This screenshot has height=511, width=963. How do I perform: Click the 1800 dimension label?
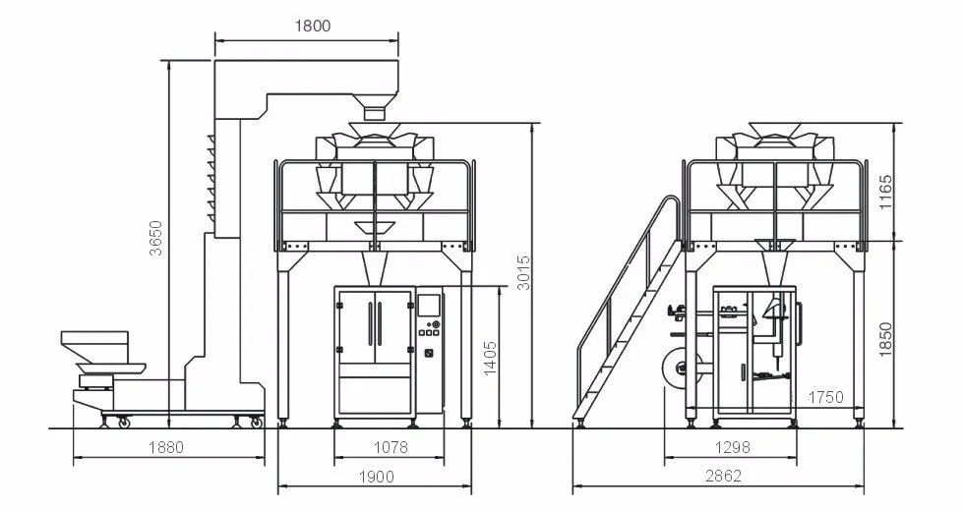313,26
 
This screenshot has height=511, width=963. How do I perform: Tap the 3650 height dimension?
156,238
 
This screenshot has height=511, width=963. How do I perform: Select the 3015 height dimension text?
522,272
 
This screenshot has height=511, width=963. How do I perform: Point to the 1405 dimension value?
490,359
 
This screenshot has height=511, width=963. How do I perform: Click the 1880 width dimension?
166,447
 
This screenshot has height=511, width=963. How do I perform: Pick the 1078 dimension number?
391,447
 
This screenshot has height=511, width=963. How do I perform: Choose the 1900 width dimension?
376,477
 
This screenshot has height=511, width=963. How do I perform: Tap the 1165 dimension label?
885,192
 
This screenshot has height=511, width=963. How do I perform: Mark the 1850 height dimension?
885,340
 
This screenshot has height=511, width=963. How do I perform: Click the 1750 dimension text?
825,398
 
